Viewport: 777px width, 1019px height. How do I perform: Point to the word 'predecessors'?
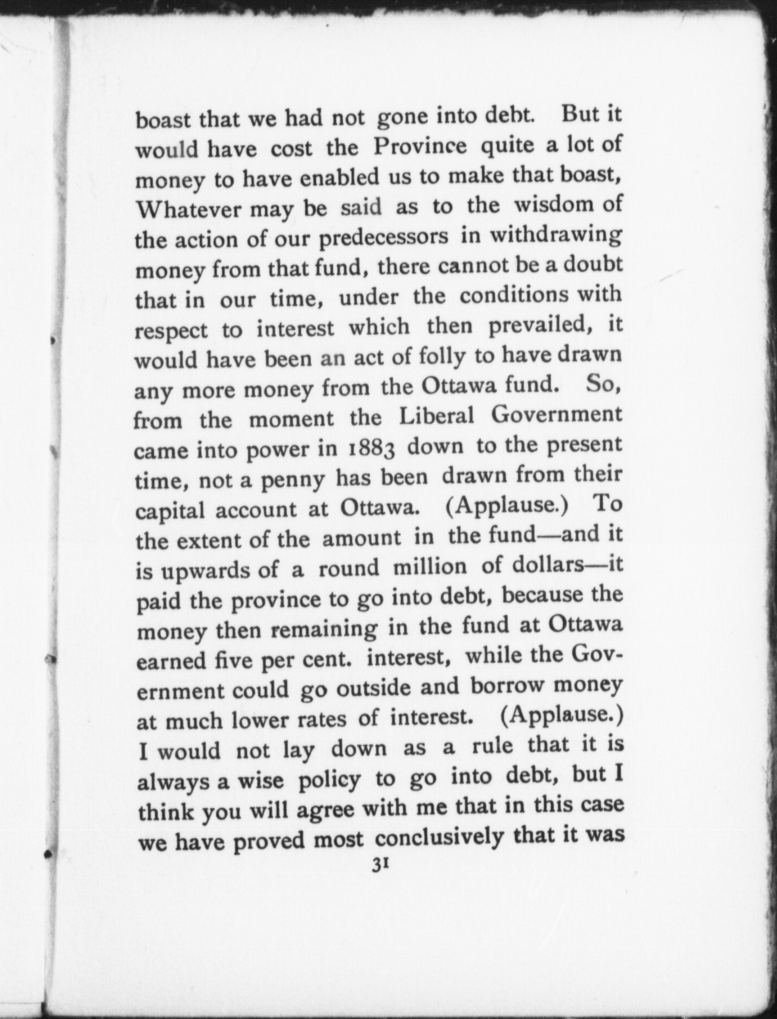[x=384, y=238]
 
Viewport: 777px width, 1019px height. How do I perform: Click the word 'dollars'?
[x=548, y=565]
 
